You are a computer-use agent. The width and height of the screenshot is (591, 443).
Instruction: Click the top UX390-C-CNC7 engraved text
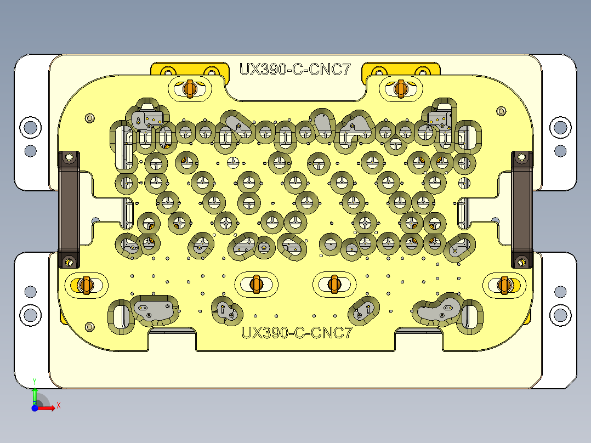point(294,70)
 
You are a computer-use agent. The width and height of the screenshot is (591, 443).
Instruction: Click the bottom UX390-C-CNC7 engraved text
point(297,333)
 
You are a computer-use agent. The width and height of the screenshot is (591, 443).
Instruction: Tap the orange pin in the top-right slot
point(400,88)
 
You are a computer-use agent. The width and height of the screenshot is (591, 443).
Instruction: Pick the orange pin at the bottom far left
point(85,285)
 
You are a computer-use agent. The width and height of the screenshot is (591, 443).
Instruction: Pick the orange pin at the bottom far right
point(504,285)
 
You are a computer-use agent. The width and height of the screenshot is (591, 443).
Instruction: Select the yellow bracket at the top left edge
point(189,70)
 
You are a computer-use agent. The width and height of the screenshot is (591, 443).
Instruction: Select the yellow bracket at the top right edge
point(402,70)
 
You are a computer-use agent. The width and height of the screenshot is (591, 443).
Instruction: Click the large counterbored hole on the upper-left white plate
point(30,127)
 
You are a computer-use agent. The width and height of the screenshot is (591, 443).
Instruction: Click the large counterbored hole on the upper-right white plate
point(560,127)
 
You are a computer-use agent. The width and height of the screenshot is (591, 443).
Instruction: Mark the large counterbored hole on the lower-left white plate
point(30,315)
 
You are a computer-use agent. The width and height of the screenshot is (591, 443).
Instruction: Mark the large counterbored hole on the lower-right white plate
point(560,315)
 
